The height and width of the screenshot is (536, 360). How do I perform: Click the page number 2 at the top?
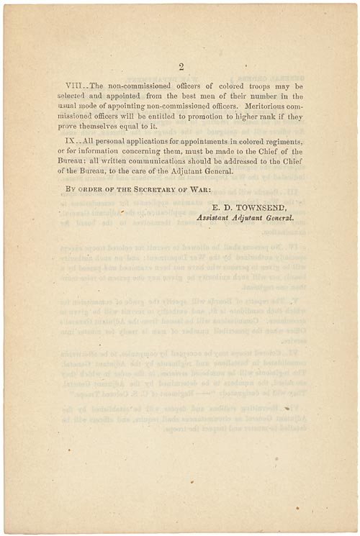click(181, 67)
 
